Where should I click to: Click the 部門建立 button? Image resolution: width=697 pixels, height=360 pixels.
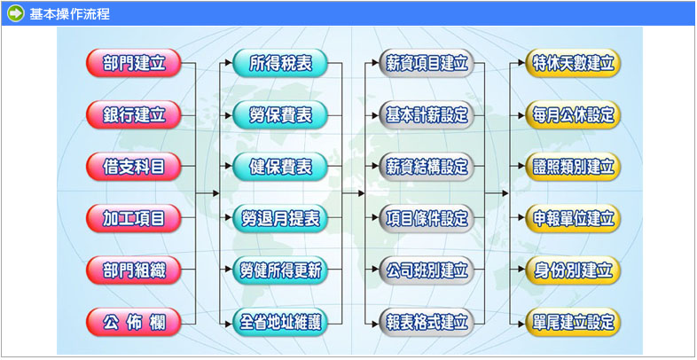(133, 63)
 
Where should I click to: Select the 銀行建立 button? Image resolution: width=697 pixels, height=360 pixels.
(133, 114)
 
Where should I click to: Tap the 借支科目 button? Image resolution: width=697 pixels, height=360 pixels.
(133, 166)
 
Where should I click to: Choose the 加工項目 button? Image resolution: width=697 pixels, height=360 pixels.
(133, 218)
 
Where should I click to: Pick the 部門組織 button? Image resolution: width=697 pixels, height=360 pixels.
(133, 270)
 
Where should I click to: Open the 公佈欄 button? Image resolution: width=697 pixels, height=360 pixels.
(133, 321)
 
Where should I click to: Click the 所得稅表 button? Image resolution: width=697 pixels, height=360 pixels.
(280, 63)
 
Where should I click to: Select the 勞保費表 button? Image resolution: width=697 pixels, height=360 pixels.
(280, 114)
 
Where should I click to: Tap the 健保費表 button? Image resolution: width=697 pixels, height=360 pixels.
(280, 166)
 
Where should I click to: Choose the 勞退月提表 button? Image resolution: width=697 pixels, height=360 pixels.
(280, 218)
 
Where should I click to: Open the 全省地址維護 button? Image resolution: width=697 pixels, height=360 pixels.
(280, 321)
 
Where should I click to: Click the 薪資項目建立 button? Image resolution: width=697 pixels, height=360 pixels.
(427, 63)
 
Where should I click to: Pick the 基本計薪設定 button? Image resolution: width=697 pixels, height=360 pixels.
(427, 114)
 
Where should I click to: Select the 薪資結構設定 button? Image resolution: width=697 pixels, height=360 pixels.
(427, 166)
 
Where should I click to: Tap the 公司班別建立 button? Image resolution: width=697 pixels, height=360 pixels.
(427, 270)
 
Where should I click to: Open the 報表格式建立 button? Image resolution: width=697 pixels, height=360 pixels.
(427, 321)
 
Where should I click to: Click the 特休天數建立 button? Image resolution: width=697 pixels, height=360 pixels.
(573, 63)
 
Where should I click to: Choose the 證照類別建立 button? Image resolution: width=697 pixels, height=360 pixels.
(573, 166)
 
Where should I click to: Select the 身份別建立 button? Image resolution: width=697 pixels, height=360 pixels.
(573, 270)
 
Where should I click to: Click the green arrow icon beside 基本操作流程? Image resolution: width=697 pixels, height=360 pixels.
(15, 13)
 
